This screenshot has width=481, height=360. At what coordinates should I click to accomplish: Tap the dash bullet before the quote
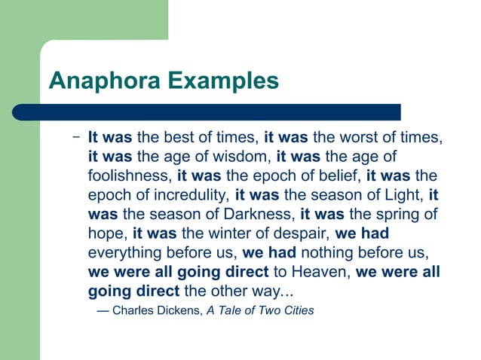coord(76,138)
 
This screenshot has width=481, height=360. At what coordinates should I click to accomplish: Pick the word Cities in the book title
coord(296,310)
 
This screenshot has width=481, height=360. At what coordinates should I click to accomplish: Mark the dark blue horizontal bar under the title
coord(207,112)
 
